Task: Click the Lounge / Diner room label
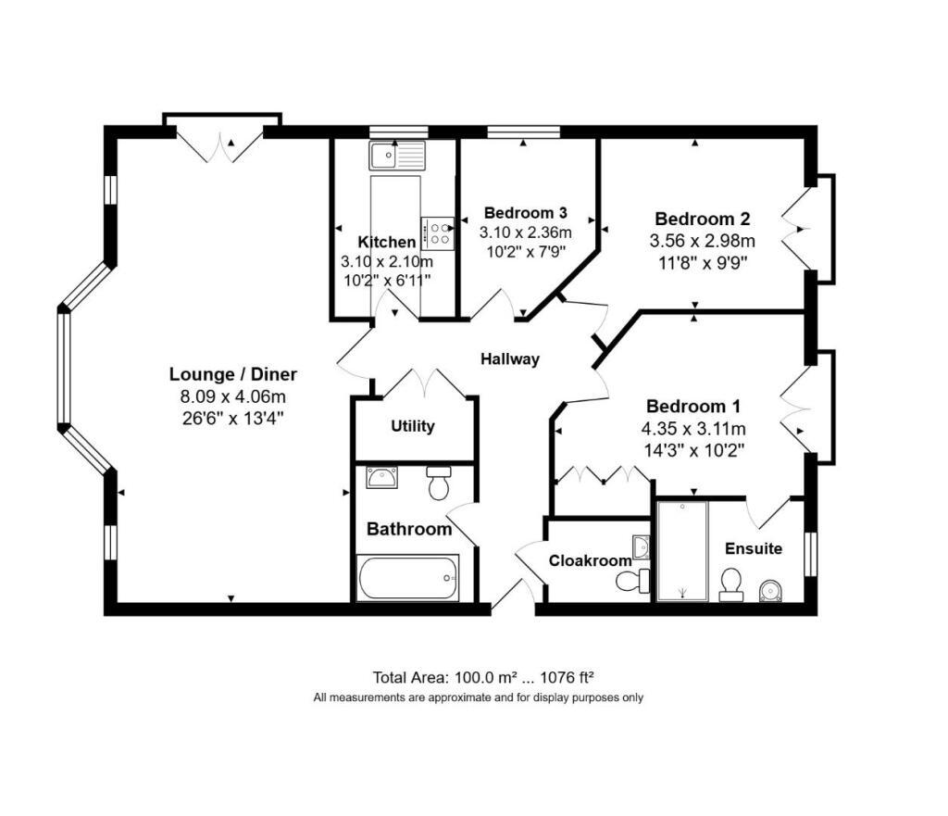(232, 374)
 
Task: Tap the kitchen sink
(398, 156)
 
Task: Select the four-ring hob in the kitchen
(438, 233)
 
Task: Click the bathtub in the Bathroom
(408, 578)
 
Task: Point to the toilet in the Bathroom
(439, 483)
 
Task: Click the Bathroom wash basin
(382, 477)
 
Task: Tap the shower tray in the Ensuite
(682, 551)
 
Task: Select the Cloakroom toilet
(632, 582)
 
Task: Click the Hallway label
(510, 359)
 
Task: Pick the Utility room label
(412, 426)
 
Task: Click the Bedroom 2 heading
(703, 219)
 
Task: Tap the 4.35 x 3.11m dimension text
(693, 429)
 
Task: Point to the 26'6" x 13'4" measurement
(232, 418)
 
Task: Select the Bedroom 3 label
(526, 213)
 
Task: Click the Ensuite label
(754, 548)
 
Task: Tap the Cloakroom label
(590, 560)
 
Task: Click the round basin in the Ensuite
(770, 590)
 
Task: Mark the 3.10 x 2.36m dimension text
(526, 232)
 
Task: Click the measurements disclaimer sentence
(479, 697)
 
